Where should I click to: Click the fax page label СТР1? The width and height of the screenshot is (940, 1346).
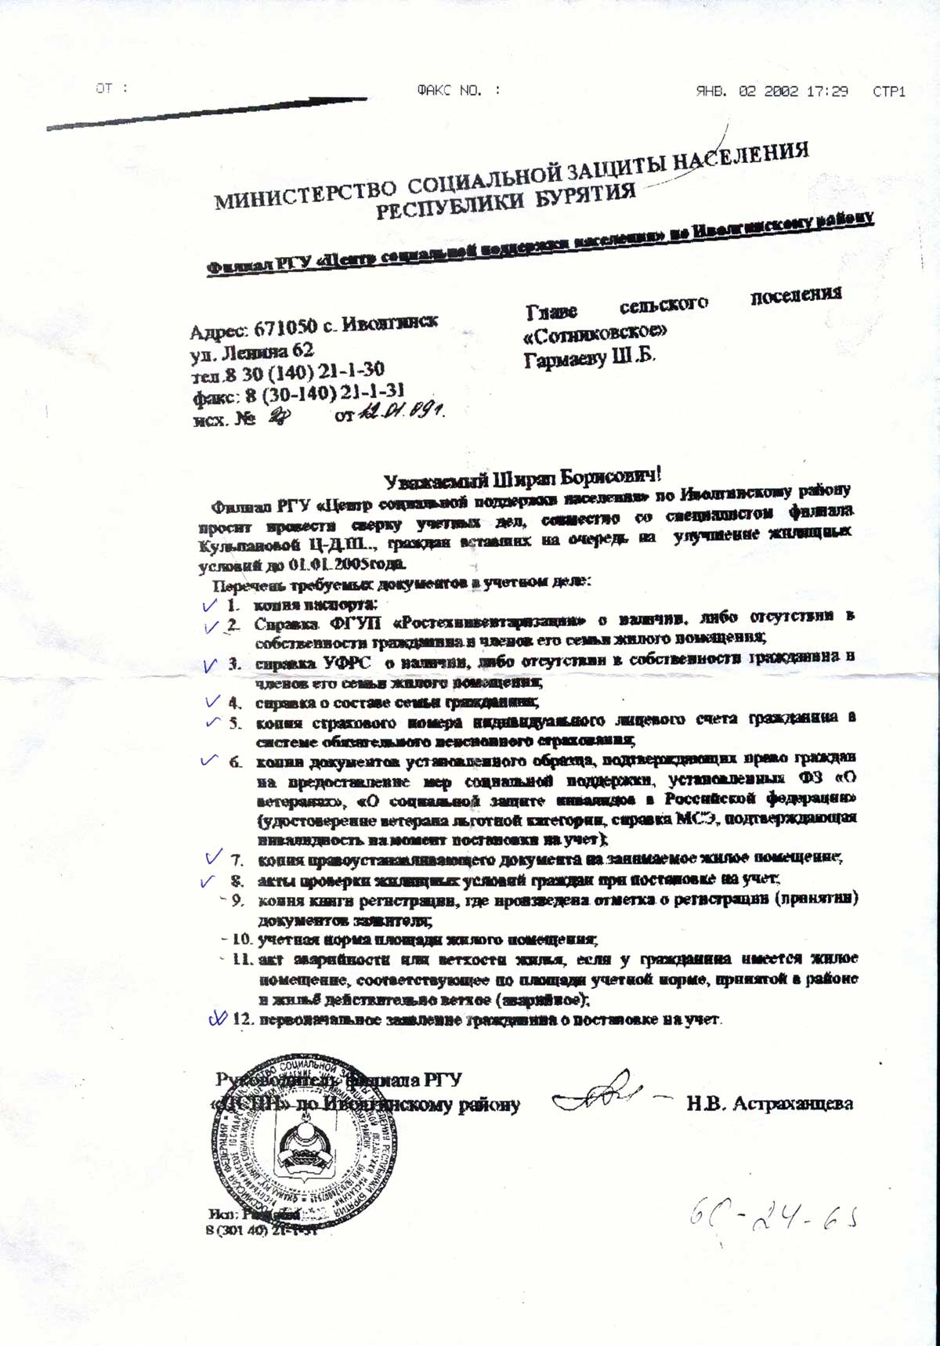click(889, 92)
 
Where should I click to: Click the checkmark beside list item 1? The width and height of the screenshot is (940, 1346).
click(208, 605)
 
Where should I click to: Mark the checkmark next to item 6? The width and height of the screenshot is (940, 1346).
click(208, 760)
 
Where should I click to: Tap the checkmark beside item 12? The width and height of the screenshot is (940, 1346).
click(217, 1018)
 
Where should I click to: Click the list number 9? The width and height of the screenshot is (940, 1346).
click(239, 900)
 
